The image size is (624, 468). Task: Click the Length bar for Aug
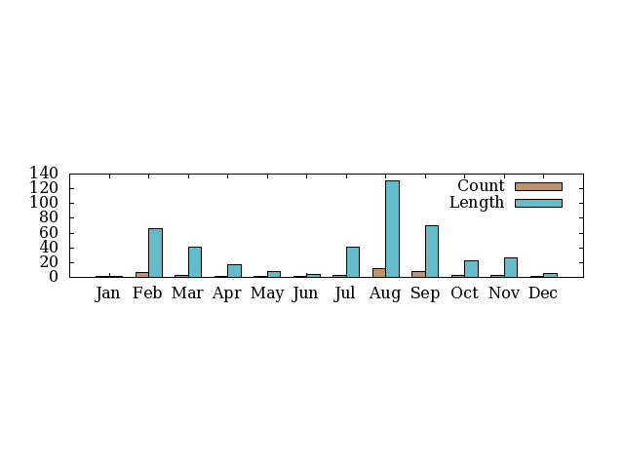pos(392,228)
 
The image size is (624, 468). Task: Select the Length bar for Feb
pos(155,253)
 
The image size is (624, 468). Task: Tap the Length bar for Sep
pos(432,251)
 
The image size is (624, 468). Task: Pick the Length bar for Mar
pos(195,261)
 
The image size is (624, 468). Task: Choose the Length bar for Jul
pos(353,261)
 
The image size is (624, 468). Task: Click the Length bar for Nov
pos(511,267)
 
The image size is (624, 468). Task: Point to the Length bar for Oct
pos(471,268)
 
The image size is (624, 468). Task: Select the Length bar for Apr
pos(234,270)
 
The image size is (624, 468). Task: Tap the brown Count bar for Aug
pos(378,272)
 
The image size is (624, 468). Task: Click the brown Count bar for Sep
pos(418,274)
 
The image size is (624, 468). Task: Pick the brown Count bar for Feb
pos(142,274)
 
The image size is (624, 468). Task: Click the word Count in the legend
pos(481,186)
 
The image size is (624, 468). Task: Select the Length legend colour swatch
pos(538,203)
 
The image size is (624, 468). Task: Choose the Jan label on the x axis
pos(108,293)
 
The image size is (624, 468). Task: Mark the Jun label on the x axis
pos(306,293)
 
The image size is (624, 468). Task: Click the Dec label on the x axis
pos(543,293)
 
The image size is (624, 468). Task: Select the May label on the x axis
pos(266,293)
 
